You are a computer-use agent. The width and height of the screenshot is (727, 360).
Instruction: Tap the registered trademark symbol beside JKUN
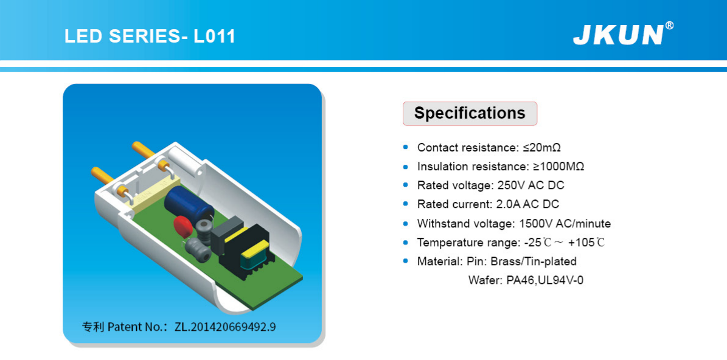pos(669,26)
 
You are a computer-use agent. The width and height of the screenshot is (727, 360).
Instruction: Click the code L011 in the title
pos(215,36)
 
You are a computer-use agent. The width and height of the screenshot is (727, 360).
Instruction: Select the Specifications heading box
pos(470,114)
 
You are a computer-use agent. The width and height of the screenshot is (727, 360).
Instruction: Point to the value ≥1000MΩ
pos(556,167)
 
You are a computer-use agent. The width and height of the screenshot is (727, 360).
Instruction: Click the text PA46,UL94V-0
pos(544,280)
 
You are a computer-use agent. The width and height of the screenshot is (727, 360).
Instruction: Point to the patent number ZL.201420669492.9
pos(225,327)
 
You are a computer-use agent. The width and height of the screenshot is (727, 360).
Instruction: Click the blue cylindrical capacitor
pos(189,206)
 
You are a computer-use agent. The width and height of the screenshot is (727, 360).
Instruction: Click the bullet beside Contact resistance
pos(406,147)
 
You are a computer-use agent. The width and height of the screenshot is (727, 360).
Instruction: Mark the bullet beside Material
pos(406,261)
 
